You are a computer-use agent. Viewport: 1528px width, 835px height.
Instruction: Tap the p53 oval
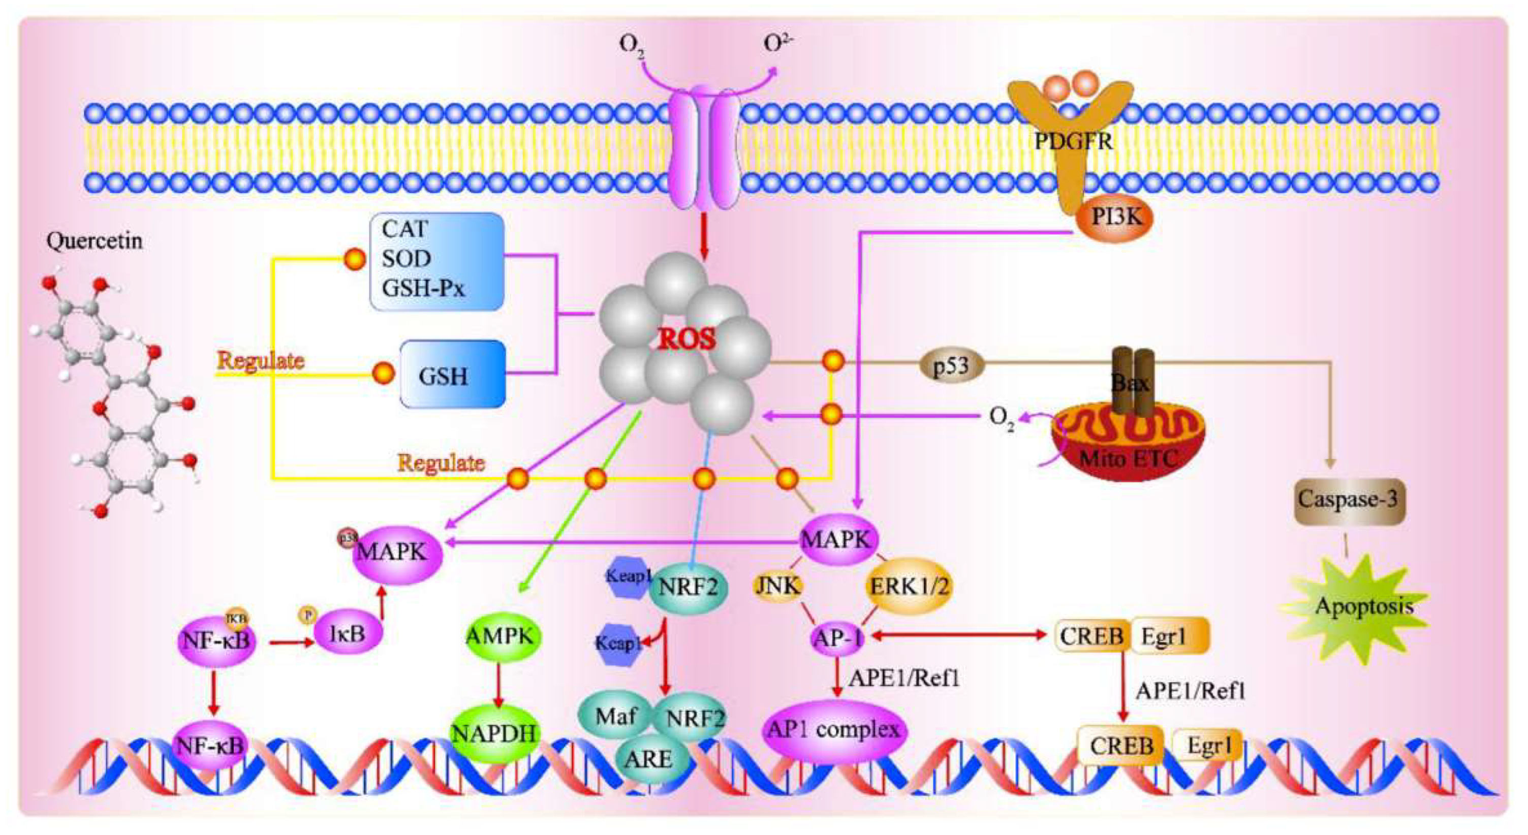pos(951,366)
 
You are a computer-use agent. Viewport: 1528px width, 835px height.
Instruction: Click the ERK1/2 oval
pos(908,586)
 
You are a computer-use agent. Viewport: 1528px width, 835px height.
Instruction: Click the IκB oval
pos(348,634)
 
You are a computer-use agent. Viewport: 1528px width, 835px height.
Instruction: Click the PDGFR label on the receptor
pos(1074,141)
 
